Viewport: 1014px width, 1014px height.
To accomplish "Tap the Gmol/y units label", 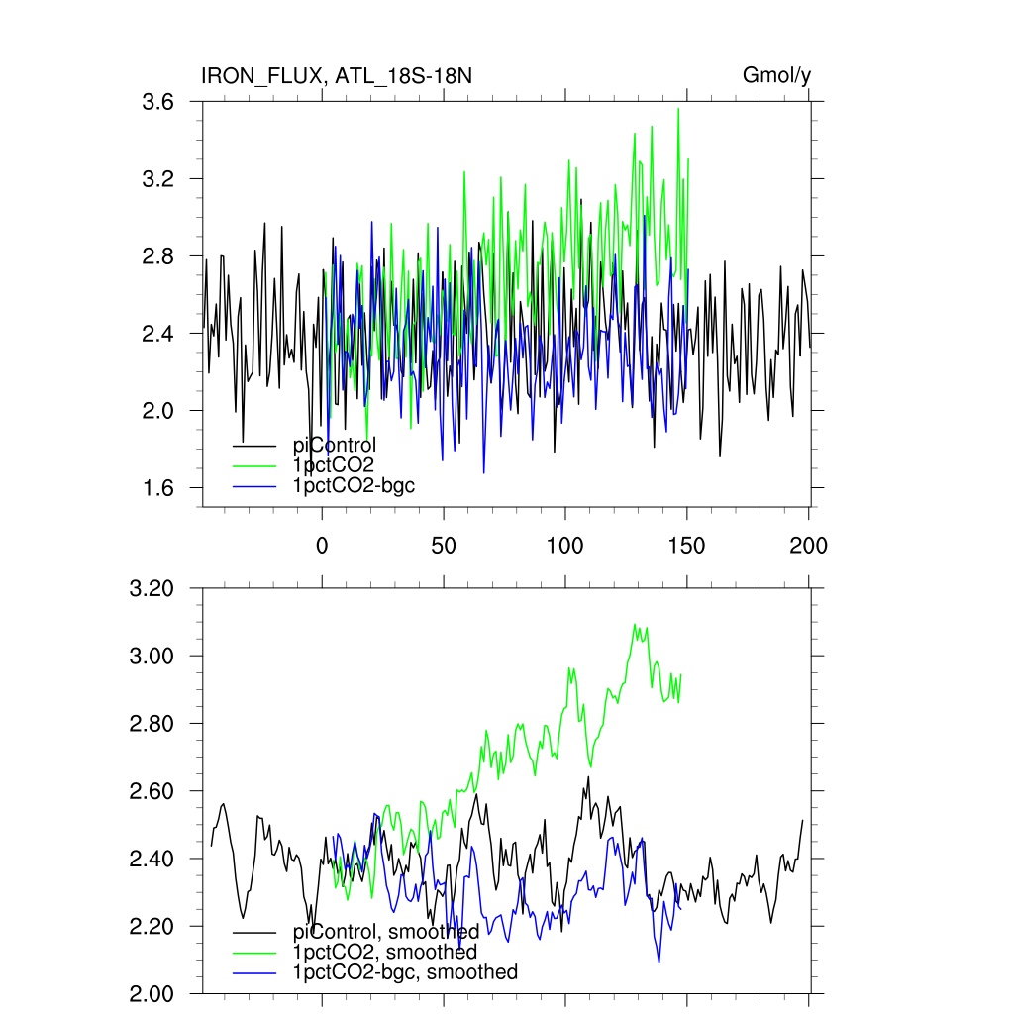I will coord(777,76).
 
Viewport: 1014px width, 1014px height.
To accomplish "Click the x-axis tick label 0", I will coord(321,545).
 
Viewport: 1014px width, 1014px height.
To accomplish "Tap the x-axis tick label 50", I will coord(443,545).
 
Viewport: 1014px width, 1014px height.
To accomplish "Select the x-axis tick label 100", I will coord(564,545).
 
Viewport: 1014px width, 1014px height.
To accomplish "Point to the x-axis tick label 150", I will coord(686,545).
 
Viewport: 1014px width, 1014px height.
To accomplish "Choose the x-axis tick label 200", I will coord(808,545).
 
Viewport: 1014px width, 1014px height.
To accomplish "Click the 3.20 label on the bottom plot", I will coord(152,589).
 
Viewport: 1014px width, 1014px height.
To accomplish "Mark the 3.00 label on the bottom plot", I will coord(152,657).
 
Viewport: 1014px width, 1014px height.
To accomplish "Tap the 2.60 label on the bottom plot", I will coord(152,792).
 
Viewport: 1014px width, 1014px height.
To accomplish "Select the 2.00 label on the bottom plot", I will coord(152,994).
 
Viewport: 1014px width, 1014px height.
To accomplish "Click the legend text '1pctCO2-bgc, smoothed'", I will coord(405,972).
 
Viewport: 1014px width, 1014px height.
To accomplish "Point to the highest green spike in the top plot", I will coord(678,109).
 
